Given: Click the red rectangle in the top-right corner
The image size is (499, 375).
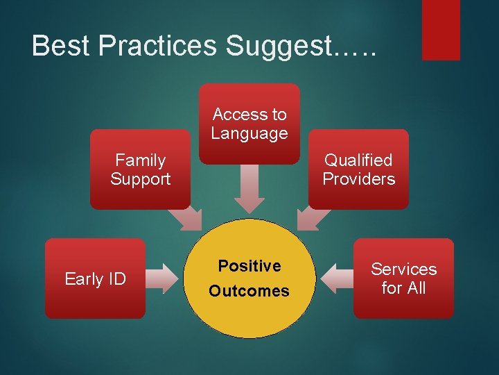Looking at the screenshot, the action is click(x=441, y=29).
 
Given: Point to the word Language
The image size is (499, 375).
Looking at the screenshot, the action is click(x=249, y=133).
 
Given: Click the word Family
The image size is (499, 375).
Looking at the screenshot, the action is click(x=140, y=160).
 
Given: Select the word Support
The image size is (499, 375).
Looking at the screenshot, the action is click(x=140, y=179).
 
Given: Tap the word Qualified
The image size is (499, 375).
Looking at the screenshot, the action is click(x=358, y=160).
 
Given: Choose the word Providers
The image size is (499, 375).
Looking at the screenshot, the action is click(x=358, y=179).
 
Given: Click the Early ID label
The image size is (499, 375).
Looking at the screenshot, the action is click(x=95, y=279).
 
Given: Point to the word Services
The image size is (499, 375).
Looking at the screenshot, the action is click(x=403, y=269).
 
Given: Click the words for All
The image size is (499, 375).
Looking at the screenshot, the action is click(x=403, y=287).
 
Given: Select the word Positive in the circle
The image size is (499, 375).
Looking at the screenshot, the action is click(x=249, y=266).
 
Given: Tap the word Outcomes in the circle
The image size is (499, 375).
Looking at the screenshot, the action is click(x=249, y=291).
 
